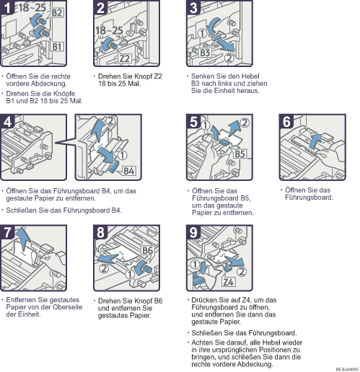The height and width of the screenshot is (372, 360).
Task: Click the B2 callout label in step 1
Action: click(x=57, y=12)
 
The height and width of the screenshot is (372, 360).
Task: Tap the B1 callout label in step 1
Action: click(x=57, y=46)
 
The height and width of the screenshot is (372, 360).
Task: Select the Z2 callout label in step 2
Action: click(x=125, y=58)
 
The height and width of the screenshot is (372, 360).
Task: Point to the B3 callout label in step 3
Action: click(x=205, y=53)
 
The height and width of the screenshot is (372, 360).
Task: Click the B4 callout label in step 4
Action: click(x=129, y=171)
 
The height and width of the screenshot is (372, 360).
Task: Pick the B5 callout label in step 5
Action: click(x=240, y=154)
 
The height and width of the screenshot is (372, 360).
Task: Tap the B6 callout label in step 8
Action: click(x=147, y=250)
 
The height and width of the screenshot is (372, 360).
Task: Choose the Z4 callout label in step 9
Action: click(x=228, y=282)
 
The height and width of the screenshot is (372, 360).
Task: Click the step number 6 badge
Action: click(x=286, y=121)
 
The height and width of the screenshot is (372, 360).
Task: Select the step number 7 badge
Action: click(x=7, y=232)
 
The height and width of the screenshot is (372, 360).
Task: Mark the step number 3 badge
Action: click(x=193, y=7)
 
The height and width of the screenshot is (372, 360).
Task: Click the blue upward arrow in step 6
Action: click(x=315, y=141)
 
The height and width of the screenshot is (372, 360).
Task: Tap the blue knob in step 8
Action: click(x=144, y=267)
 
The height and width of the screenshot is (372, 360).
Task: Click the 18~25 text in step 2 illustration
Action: click(x=109, y=31)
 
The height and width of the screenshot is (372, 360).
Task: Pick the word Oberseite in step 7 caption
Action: click(x=68, y=307)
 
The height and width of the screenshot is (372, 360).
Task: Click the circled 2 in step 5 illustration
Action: click(x=245, y=123)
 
